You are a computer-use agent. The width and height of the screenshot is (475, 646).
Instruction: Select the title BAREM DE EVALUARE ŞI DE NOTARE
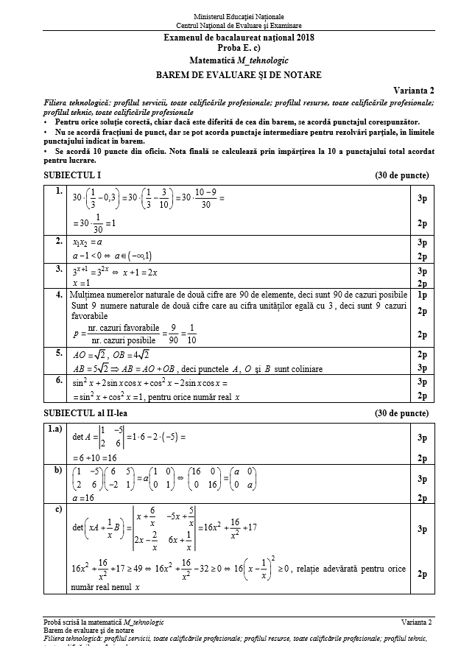coord(239,74)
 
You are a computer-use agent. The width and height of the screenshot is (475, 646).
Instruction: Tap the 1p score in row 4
coord(423,295)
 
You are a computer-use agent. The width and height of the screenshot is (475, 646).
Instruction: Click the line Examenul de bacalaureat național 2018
coord(239,38)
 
